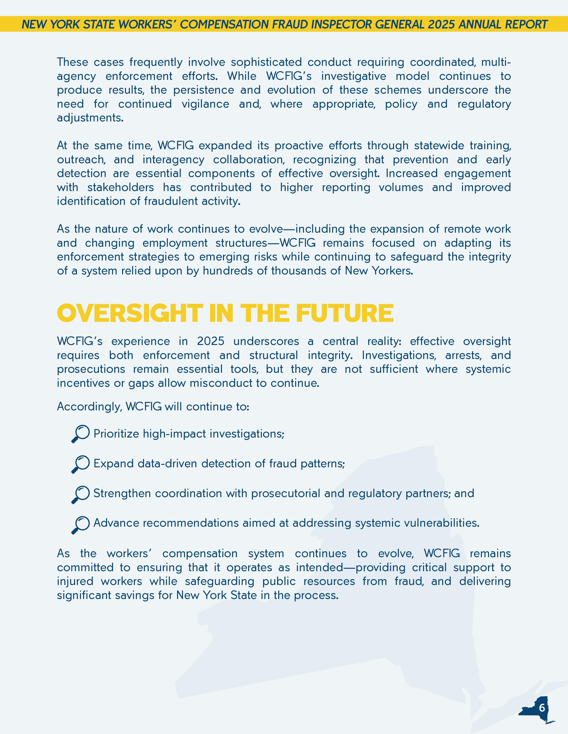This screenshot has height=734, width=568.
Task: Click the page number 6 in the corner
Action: click(542, 708)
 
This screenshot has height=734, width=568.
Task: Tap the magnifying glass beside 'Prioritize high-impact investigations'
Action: click(80, 434)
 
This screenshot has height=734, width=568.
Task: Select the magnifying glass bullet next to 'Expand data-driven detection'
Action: click(80, 464)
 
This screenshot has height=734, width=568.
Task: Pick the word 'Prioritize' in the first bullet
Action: click(116, 434)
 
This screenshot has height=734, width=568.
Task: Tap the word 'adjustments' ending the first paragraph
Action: click(90, 118)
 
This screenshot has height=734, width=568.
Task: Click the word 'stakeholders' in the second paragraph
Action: click(121, 187)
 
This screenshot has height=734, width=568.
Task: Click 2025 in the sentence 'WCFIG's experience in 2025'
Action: click(211, 341)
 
